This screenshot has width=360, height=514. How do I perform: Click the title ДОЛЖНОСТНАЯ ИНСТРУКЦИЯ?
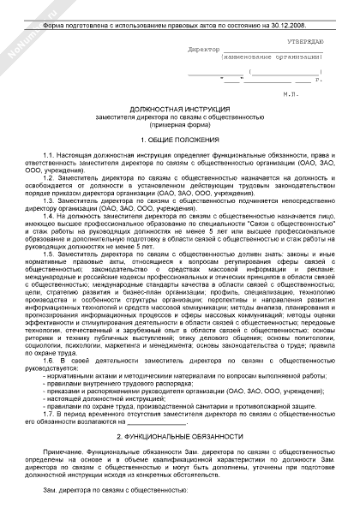click(180, 111)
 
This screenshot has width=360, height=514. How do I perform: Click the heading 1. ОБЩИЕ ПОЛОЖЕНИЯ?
click(180, 138)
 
